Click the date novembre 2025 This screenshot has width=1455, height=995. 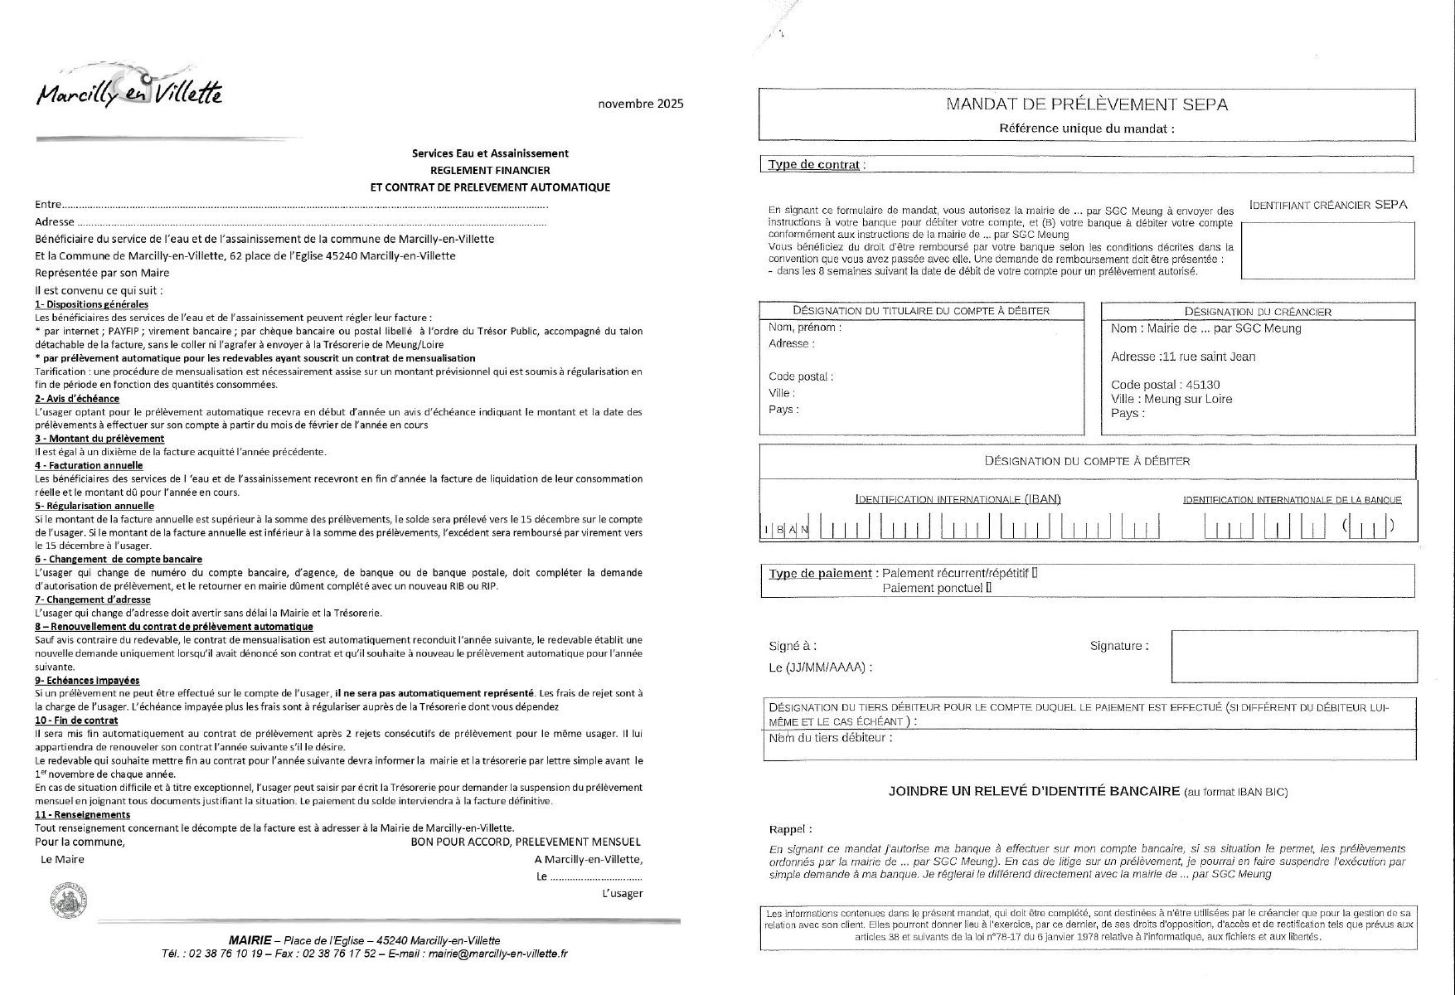click(641, 104)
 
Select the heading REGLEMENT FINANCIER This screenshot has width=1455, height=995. click(490, 170)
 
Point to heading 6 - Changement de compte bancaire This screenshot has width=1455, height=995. click(119, 560)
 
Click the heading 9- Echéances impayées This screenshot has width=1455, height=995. click(87, 681)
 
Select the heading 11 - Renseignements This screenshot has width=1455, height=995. click(83, 815)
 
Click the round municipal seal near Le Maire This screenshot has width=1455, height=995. click(68, 901)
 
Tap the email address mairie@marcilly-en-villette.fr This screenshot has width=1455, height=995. click(497, 954)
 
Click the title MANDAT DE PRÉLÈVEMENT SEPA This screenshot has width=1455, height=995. click(1087, 104)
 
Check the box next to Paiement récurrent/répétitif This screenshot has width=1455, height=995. click(1035, 573)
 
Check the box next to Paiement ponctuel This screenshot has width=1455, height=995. click(988, 588)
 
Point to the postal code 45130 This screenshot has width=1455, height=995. click(1203, 385)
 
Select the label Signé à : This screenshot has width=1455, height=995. click(793, 646)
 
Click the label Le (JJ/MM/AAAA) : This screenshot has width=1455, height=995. click(821, 667)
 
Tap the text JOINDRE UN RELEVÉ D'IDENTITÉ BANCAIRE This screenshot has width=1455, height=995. click(1034, 791)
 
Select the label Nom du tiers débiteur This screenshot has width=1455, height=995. click(831, 738)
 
